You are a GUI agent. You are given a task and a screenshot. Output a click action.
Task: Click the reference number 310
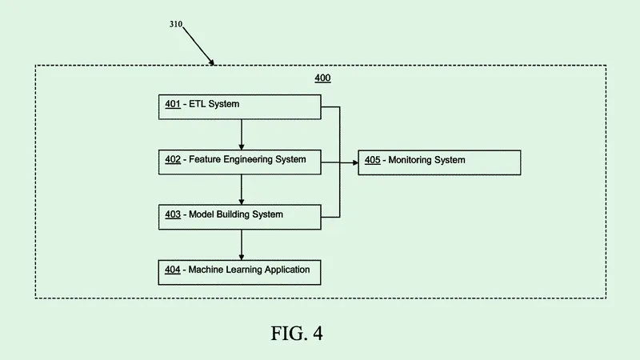point(175,24)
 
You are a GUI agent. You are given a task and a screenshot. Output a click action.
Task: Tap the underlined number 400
point(322,78)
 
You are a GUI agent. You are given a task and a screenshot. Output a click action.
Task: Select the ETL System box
point(240,107)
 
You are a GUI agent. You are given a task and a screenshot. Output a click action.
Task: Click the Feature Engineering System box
point(240,162)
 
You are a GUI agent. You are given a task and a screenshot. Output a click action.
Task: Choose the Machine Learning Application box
point(240,272)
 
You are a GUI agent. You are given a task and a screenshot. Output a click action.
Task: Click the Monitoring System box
point(439,162)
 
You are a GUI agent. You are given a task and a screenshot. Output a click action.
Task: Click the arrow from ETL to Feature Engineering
point(242,134)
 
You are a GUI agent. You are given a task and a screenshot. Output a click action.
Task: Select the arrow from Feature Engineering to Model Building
point(242,190)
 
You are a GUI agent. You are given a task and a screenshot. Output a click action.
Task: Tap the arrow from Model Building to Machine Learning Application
point(242,245)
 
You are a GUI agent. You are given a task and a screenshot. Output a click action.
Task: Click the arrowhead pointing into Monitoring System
point(353,162)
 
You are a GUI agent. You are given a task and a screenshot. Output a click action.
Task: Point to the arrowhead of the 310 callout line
point(212,62)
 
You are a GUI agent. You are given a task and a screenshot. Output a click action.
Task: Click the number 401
point(173,104)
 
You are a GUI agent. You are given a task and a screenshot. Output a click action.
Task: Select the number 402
point(173,159)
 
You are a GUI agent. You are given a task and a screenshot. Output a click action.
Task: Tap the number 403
point(173,214)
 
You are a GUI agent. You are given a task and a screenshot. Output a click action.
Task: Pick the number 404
point(173,270)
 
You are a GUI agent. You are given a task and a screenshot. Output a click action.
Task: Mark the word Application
point(285,270)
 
